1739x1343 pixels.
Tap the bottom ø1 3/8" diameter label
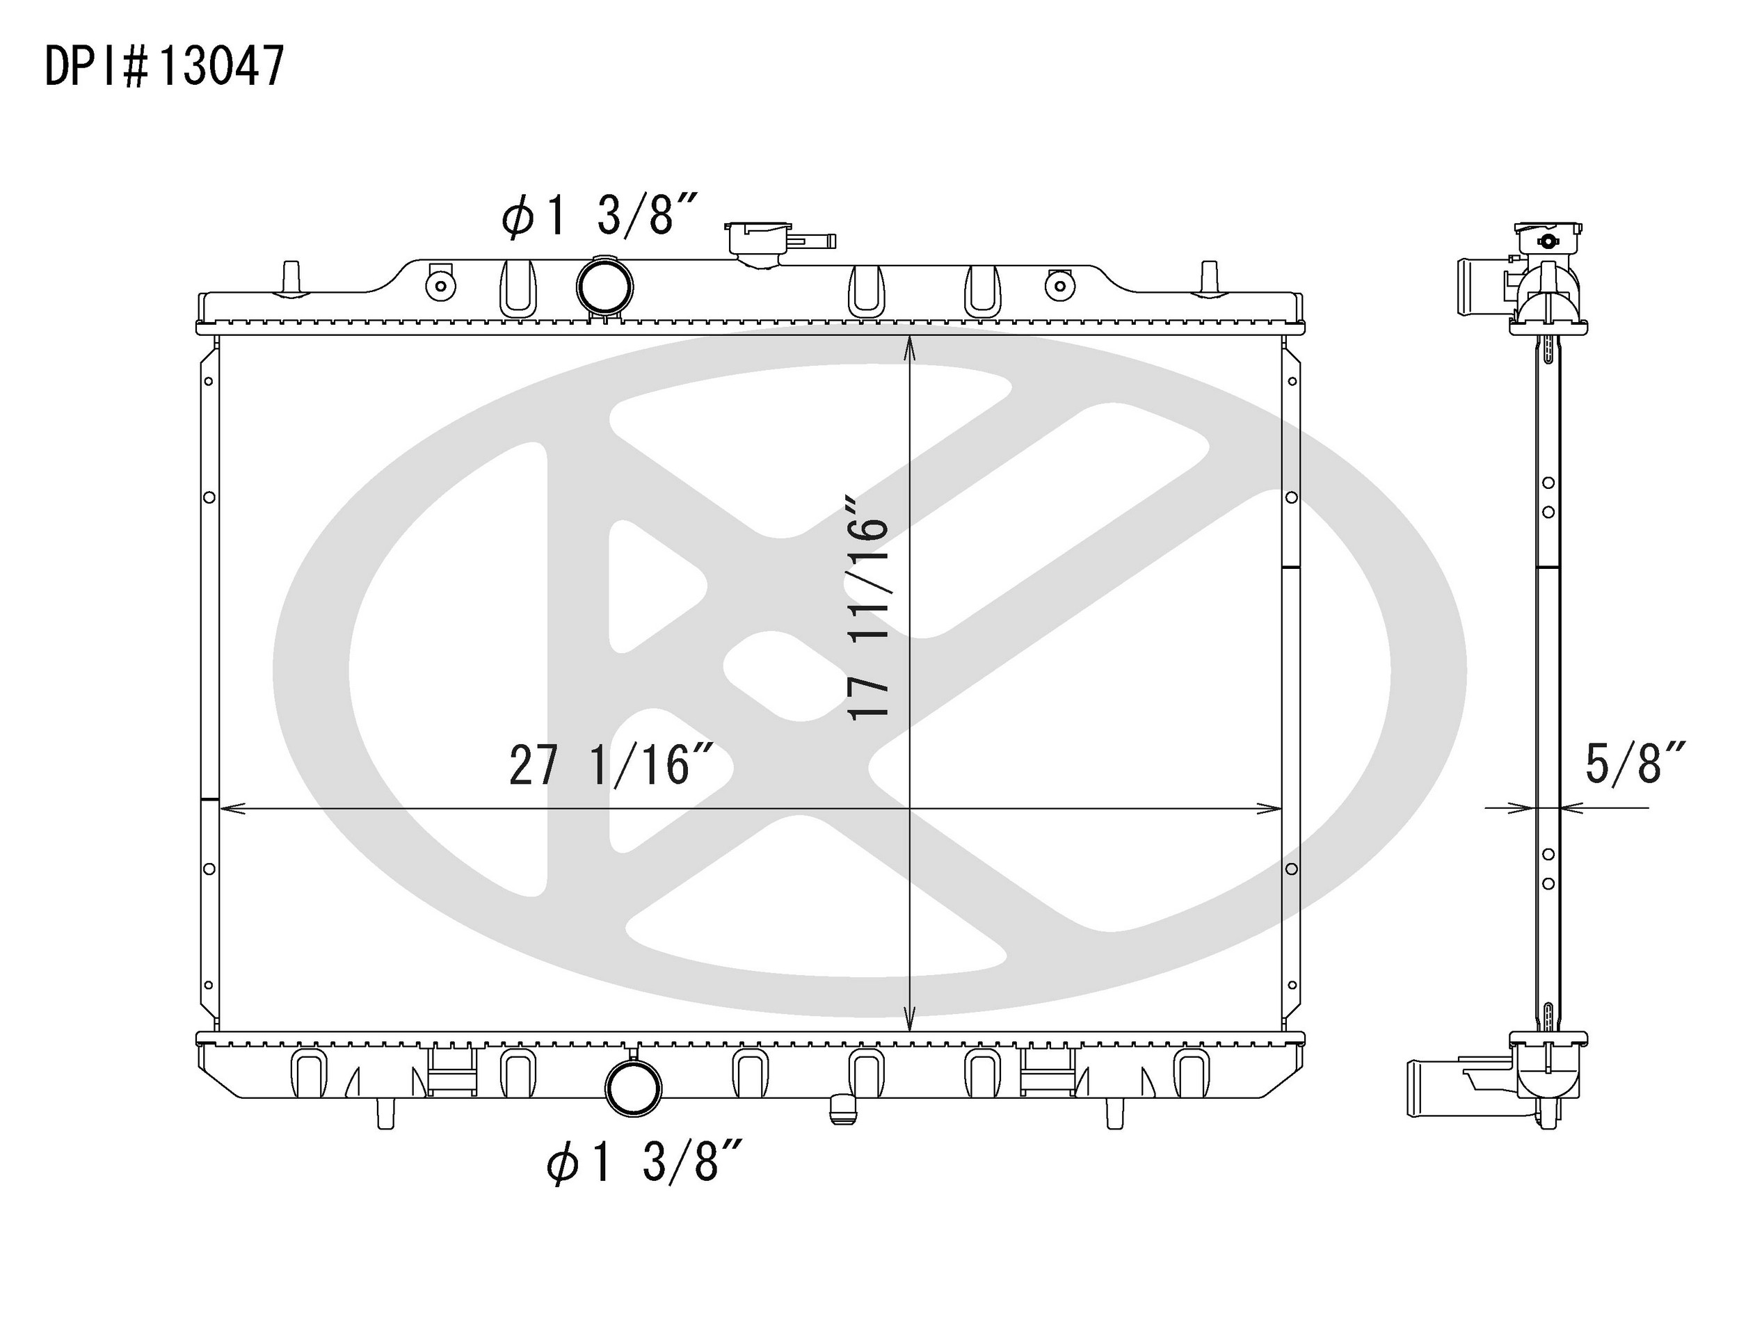click(644, 1162)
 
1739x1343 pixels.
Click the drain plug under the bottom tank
click(843, 1111)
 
